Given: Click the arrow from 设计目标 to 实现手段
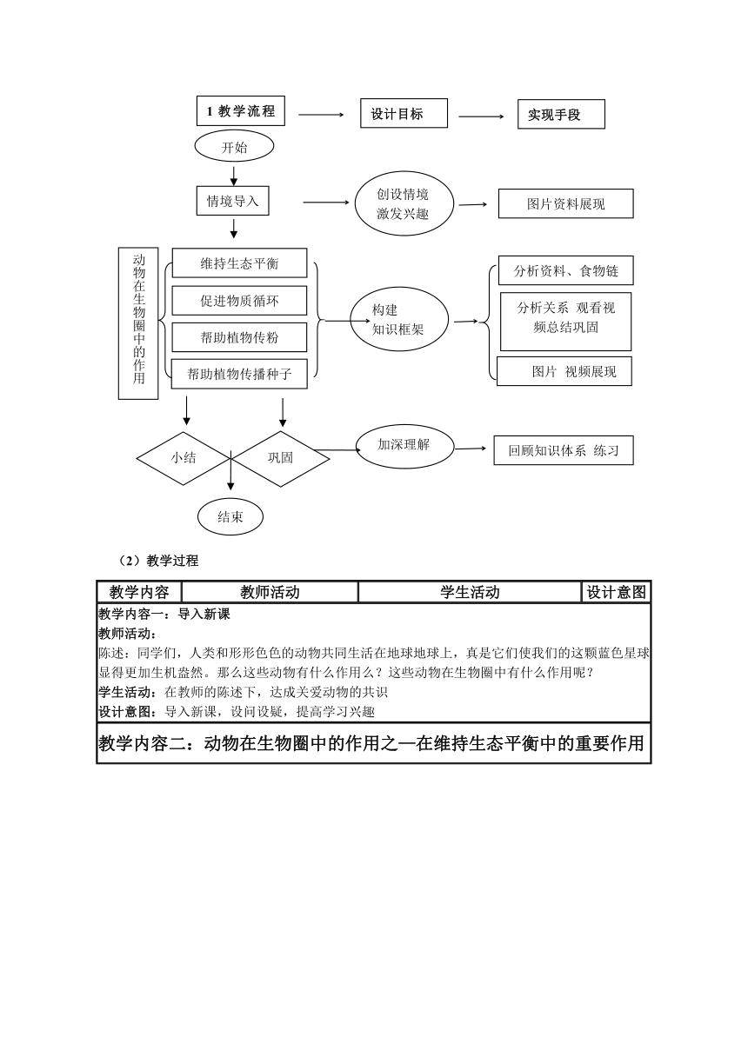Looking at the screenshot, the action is (x=481, y=116).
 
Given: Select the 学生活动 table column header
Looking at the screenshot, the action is (x=470, y=592).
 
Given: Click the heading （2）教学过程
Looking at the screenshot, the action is (x=158, y=561).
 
